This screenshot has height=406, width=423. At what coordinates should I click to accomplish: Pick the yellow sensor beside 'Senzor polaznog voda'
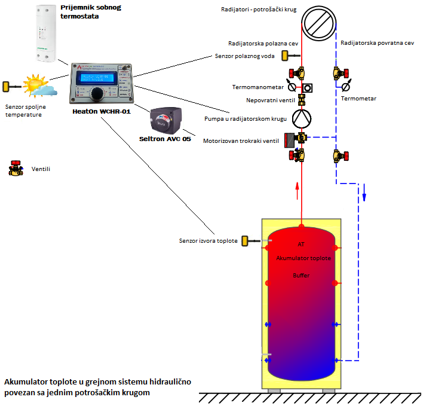pyautogui.click(x=286, y=56)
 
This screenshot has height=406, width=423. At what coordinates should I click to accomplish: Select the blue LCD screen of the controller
pyautogui.click(x=97, y=78)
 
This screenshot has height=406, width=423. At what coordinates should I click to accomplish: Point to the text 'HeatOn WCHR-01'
pyautogui.click(x=100, y=112)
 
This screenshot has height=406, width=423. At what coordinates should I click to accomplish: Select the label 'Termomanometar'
pyautogui.click(x=257, y=87)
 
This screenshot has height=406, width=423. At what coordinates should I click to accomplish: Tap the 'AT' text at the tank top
pyautogui.click(x=301, y=244)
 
